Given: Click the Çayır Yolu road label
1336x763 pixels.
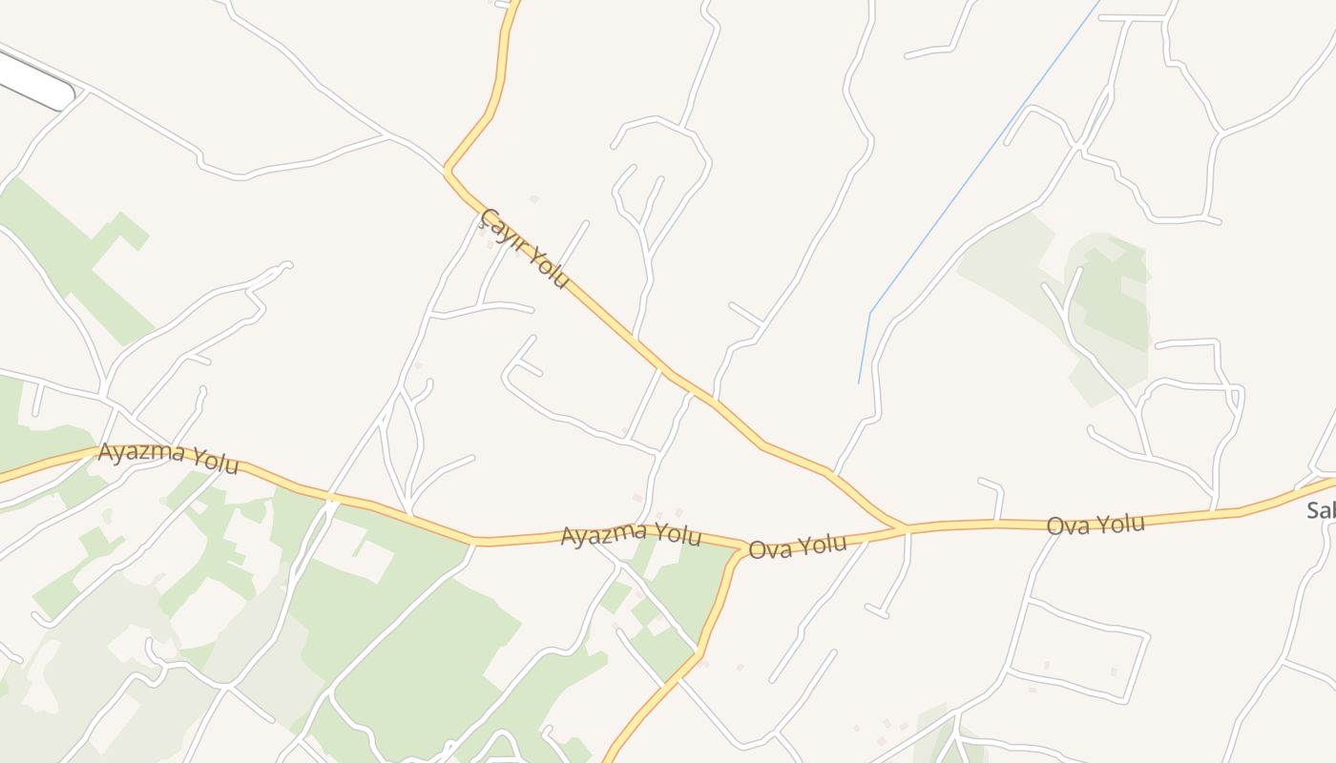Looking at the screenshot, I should tap(526, 249).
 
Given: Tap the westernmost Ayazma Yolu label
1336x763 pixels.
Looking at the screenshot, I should tap(168, 457).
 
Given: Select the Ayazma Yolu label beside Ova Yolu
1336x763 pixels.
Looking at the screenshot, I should tap(631, 534).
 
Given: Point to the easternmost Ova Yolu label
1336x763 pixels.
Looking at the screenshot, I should tap(1096, 524).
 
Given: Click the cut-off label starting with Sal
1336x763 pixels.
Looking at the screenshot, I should tap(1321, 510).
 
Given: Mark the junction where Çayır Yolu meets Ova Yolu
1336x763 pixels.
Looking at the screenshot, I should tap(905, 526).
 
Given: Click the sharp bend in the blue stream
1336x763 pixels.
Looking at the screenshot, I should tap(870, 312).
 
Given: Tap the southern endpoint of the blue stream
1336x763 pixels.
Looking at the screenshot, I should tap(859, 383).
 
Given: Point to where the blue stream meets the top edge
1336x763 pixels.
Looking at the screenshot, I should tap(1100, 2).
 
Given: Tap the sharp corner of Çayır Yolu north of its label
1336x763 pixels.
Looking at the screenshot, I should tap(447, 171).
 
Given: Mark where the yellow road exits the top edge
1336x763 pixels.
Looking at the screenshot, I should tap(516, 2).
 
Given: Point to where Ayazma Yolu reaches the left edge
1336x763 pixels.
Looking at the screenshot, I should tap(2, 474).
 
